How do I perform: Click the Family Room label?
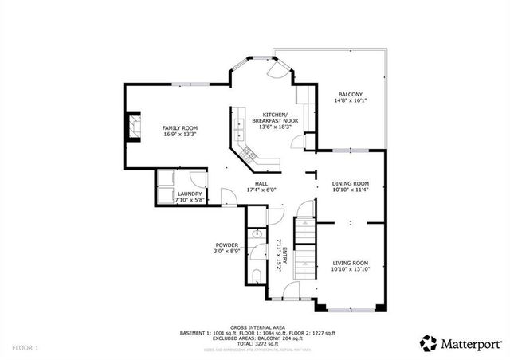pyautogui.click(x=179, y=128)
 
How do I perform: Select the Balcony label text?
pyautogui.click(x=349, y=95)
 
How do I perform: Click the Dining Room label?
pyautogui.click(x=350, y=184)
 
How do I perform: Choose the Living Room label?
pyautogui.click(x=350, y=263)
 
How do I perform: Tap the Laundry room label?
pyautogui.click(x=190, y=194)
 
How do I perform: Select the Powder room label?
pyautogui.click(x=227, y=245)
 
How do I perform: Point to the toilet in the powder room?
pyautogui.click(x=254, y=275)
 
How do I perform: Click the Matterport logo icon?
pyautogui.click(x=429, y=343)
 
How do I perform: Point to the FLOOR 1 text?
pyautogui.click(x=25, y=348)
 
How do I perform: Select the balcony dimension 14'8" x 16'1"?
pyautogui.click(x=349, y=101)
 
